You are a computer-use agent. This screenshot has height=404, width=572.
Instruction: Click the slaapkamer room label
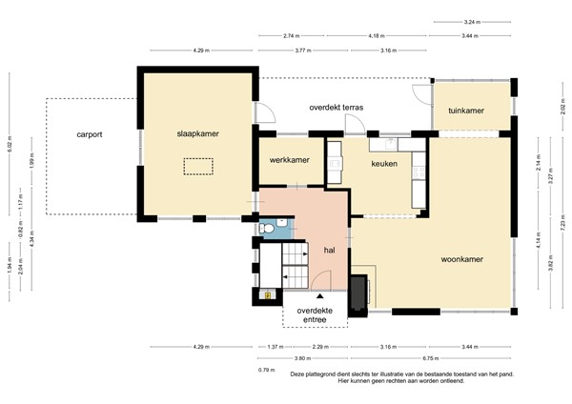(x=196, y=134)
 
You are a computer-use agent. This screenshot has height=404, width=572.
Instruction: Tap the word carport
(x=90, y=134)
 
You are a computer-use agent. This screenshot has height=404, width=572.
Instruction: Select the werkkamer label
(x=289, y=159)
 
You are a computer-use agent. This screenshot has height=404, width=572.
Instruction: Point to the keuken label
(x=384, y=164)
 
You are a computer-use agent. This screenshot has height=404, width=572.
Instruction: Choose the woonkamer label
(x=462, y=258)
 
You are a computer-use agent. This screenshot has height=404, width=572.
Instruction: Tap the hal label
(x=329, y=250)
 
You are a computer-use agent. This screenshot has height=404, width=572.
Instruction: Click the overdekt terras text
(x=336, y=108)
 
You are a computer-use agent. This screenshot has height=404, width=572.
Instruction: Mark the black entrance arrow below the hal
(x=307, y=298)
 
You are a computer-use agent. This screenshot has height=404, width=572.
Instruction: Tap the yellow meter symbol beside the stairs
(x=269, y=295)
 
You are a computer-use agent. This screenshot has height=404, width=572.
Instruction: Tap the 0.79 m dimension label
(x=266, y=370)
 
